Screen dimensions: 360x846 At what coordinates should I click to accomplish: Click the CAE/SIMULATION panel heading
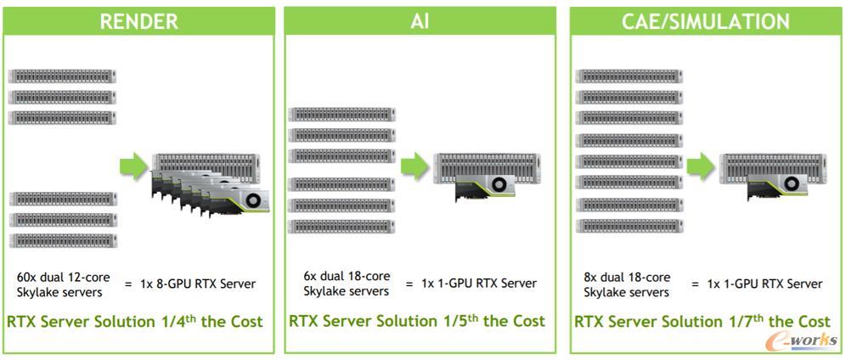705,21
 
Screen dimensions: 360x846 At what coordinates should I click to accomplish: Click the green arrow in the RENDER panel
133,166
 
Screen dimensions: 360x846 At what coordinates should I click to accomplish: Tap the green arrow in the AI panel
415,167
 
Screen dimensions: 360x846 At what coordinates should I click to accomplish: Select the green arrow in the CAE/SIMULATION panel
700,166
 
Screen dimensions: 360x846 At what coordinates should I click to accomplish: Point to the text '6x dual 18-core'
347,276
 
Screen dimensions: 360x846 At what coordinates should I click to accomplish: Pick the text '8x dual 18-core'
627,277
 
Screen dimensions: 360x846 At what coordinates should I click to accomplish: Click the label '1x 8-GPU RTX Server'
201,284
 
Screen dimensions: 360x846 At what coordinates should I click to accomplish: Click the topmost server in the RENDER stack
62,76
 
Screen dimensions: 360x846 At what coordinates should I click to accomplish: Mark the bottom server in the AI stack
341,227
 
